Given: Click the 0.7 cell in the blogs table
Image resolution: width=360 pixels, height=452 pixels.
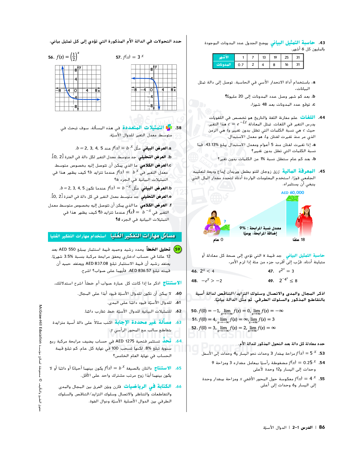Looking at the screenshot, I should pyautogui.click(x=241, y=65).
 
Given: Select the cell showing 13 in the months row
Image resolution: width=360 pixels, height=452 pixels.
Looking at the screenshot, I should pyautogui.click(x=264, y=57).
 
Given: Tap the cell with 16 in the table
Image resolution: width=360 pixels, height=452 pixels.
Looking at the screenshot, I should pyautogui.click(x=286, y=65).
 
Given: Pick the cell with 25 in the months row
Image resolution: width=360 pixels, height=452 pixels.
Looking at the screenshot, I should pyautogui.click(x=286, y=57).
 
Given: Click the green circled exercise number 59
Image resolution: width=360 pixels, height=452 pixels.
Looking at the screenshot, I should pyautogui.click(x=177, y=249).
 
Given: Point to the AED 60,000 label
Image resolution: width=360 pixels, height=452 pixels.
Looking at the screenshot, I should pyautogui.click(x=292, y=193).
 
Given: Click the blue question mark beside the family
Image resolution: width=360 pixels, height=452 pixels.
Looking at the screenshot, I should pyautogui.click(x=225, y=221).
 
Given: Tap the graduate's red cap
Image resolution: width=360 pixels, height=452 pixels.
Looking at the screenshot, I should pyautogui.click(x=306, y=207).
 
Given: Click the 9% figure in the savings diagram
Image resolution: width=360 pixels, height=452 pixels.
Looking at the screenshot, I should pyautogui.click(x=242, y=228).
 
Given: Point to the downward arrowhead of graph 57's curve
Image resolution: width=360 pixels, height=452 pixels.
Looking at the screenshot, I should pyautogui.click(x=159, y=108).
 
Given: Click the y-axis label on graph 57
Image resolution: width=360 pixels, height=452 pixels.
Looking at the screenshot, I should pyautogui.click(x=156, y=67).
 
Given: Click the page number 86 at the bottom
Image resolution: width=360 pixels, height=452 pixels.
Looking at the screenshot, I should pyautogui.click(x=322, y=428).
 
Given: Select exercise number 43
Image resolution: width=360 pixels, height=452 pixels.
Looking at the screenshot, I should pyautogui.click(x=322, y=43).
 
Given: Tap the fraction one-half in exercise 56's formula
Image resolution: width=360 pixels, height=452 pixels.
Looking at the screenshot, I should pyautogui.click(x=74, y=57).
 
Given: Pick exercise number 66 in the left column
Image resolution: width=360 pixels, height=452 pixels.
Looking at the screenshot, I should pyautogui.click(x=178, y=386).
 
